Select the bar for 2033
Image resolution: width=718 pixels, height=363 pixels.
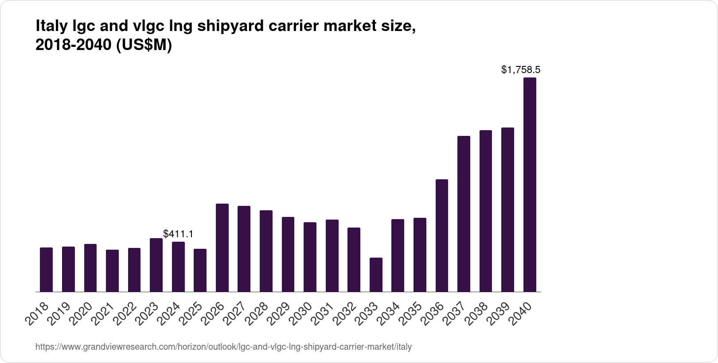[376, 275]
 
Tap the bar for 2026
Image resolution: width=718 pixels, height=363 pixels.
[222, 248]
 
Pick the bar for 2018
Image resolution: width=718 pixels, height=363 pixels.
[46, 270]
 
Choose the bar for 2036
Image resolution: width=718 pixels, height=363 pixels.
[442, 236]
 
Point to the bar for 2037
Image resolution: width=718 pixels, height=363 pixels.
[464, 214]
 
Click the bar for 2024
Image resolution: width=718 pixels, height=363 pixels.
[178, 267]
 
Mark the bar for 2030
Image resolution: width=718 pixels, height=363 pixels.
[310, 257]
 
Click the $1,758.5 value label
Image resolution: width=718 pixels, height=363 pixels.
[521, 70]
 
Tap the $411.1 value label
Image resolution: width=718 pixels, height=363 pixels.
[178, 234]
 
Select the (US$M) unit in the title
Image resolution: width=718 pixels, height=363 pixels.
[144, 46]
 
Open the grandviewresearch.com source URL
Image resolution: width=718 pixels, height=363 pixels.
[223, 347]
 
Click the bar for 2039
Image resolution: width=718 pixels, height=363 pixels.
[507, 210]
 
